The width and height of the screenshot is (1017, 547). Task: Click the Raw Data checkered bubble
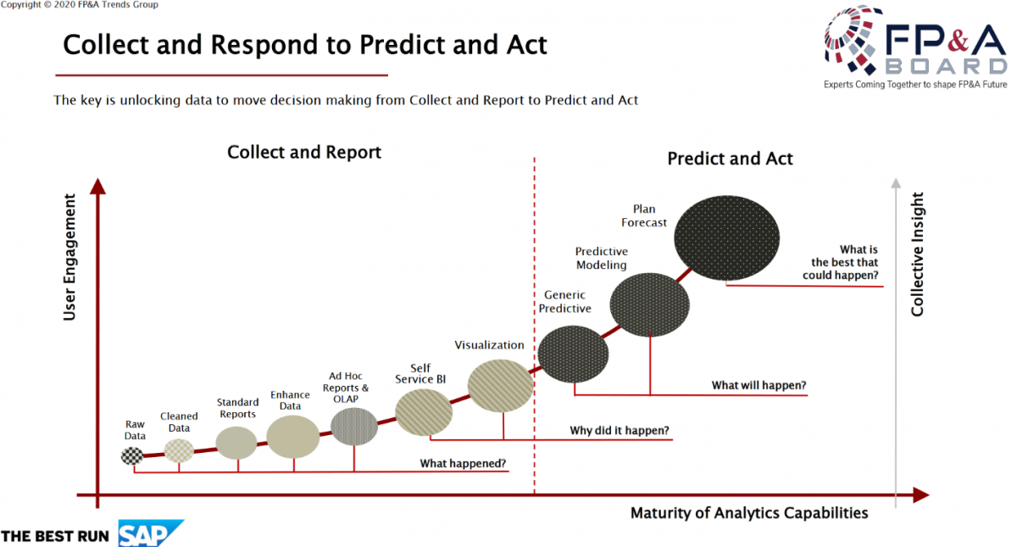(x=132, y=455)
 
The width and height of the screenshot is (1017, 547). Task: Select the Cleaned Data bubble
(x=179, y=450)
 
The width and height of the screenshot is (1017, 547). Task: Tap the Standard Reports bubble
(x=236, y=443)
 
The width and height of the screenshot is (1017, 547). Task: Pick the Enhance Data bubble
(x=293, y=437)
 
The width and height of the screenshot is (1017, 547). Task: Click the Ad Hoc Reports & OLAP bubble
(x=354, y=427)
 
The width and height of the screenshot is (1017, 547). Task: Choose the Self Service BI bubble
(x=424, y=412)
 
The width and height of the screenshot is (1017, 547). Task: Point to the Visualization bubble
(x=501, y=386)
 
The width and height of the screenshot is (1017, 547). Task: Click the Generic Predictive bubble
(x=573, y=354)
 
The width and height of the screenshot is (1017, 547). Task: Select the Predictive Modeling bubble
(x=650, y=304)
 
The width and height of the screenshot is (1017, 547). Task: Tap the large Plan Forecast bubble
(x=727, y=238)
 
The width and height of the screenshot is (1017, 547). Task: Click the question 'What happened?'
(x=463, y=463)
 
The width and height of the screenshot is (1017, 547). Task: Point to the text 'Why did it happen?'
(x=620, y=430)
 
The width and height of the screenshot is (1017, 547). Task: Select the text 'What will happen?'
(x=759, y=385)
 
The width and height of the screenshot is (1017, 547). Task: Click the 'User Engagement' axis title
(x=69, y=257)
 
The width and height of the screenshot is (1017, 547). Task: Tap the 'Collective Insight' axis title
(x=917, y=254)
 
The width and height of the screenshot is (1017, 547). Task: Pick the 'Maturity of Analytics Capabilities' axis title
(x=749, y=513)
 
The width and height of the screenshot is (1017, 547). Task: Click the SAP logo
(x=151, y=533)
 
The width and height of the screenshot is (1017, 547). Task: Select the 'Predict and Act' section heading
(x=730, y=159)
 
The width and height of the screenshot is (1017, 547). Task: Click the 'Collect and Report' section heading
(x=304, y=152)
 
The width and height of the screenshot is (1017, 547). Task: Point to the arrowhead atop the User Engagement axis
(x=97, y=187)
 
